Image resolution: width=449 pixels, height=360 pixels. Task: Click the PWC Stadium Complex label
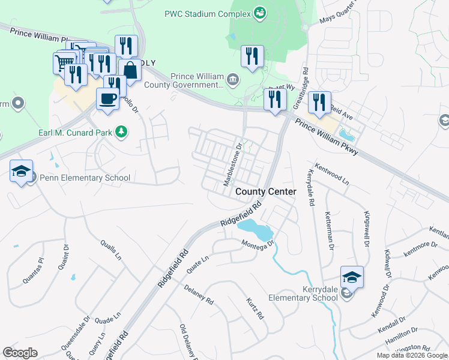pos(208,13)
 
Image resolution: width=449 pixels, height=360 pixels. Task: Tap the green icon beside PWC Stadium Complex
pos(260,12)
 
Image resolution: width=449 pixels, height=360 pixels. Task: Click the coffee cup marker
pos(107,98)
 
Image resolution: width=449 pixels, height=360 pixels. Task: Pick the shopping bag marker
pos(129,71)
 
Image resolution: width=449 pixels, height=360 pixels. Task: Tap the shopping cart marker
pos(64,61)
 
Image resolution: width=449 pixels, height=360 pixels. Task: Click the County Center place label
pos(265,191)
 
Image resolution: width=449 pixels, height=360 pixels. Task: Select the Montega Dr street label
pos(258,244)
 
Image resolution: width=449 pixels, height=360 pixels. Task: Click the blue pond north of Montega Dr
pos(255,228)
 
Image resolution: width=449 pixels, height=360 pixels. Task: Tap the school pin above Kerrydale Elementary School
pos(352,277)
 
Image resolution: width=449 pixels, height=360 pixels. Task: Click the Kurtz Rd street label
pos(255,307)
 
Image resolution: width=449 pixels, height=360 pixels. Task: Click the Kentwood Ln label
pos(331,172)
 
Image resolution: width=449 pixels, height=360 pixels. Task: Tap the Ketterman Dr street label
pos(329,230)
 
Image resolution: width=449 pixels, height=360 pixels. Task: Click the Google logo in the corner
pos(20,353)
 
